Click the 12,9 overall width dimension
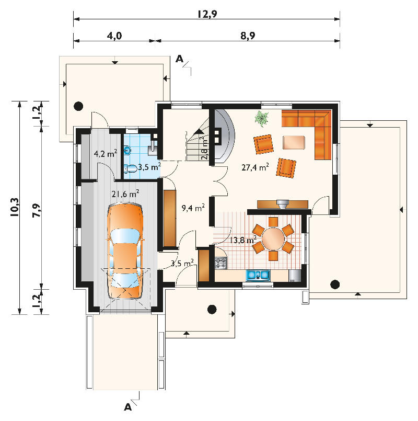pyautogui.click(x=207, y=14)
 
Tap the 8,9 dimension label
pyautogui.click(x=248, y=36)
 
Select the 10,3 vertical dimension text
pyautogui.click(x=15, y=207)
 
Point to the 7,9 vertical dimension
pyautogui.click(x=37, y=210)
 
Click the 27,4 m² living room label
pyautogui.click(x=255, y=167)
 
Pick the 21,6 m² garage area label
pyautogui.click(x=125, y=194)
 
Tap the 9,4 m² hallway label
pyautogui.click(x=193, y=208)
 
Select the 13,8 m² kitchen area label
pyautogui.click(x=243, y=240)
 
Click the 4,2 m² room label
pyautogui.click(x=106, y=154)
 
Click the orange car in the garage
pyautogui.click(x=125, y=252)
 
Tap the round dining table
pyautogui.click(x=273, y=238)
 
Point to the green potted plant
pyautogui.click(x=262, y=118)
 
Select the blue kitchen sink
pyautogui.click(x=258, y=275)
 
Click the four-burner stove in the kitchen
pyautogui.click(x=221, y=263)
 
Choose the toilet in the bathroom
pyautogui.click(x=131, y=168)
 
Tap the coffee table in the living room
pyautogui.click(x=294, y=142)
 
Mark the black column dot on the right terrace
pyautogui.click(x=335, y=284)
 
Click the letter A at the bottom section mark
pyautogui.click(x=128, y=407)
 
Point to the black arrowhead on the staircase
pyautogui.click(x=199, y=131)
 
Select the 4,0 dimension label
pyautogui.click(x=114, y=36)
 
